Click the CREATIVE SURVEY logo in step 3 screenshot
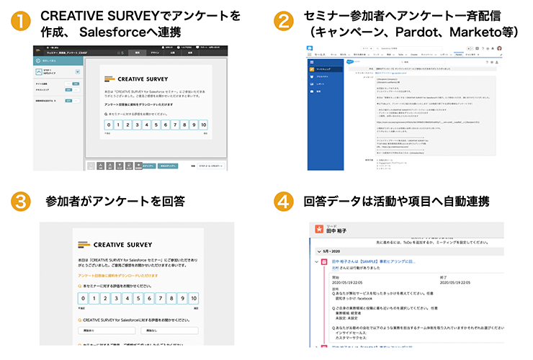(120, 244)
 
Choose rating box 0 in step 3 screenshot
(84, 298)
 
